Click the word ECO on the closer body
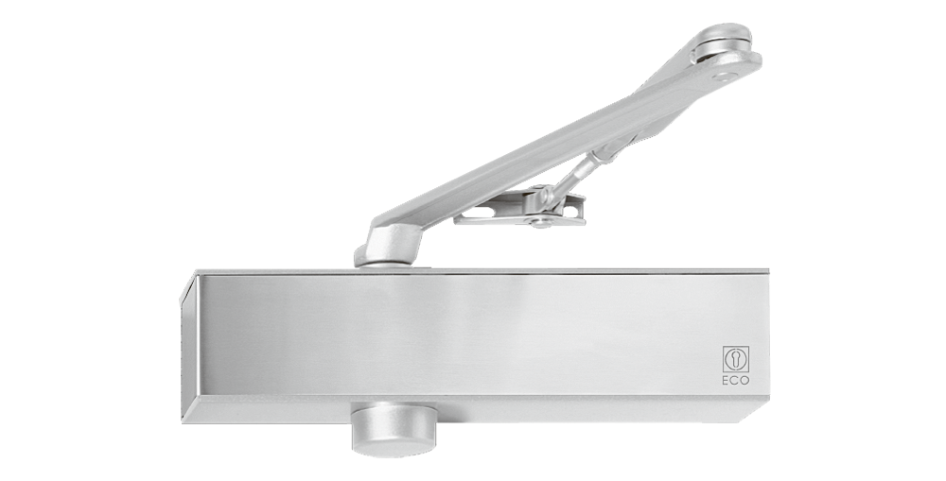736,380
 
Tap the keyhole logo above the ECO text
736,359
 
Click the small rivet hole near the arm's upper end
724,77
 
